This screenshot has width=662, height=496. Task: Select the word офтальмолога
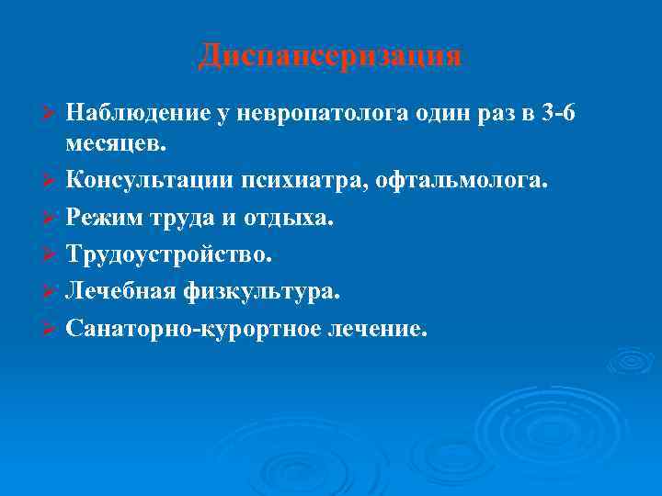pos(473,177)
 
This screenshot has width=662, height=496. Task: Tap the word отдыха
pos(295,217)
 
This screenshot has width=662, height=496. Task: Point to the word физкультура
pos(261,289)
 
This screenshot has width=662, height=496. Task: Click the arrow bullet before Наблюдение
pos(51,114)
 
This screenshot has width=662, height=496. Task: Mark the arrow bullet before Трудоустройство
pos(51,254)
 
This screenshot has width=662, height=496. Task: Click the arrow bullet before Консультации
pos(51,178)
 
